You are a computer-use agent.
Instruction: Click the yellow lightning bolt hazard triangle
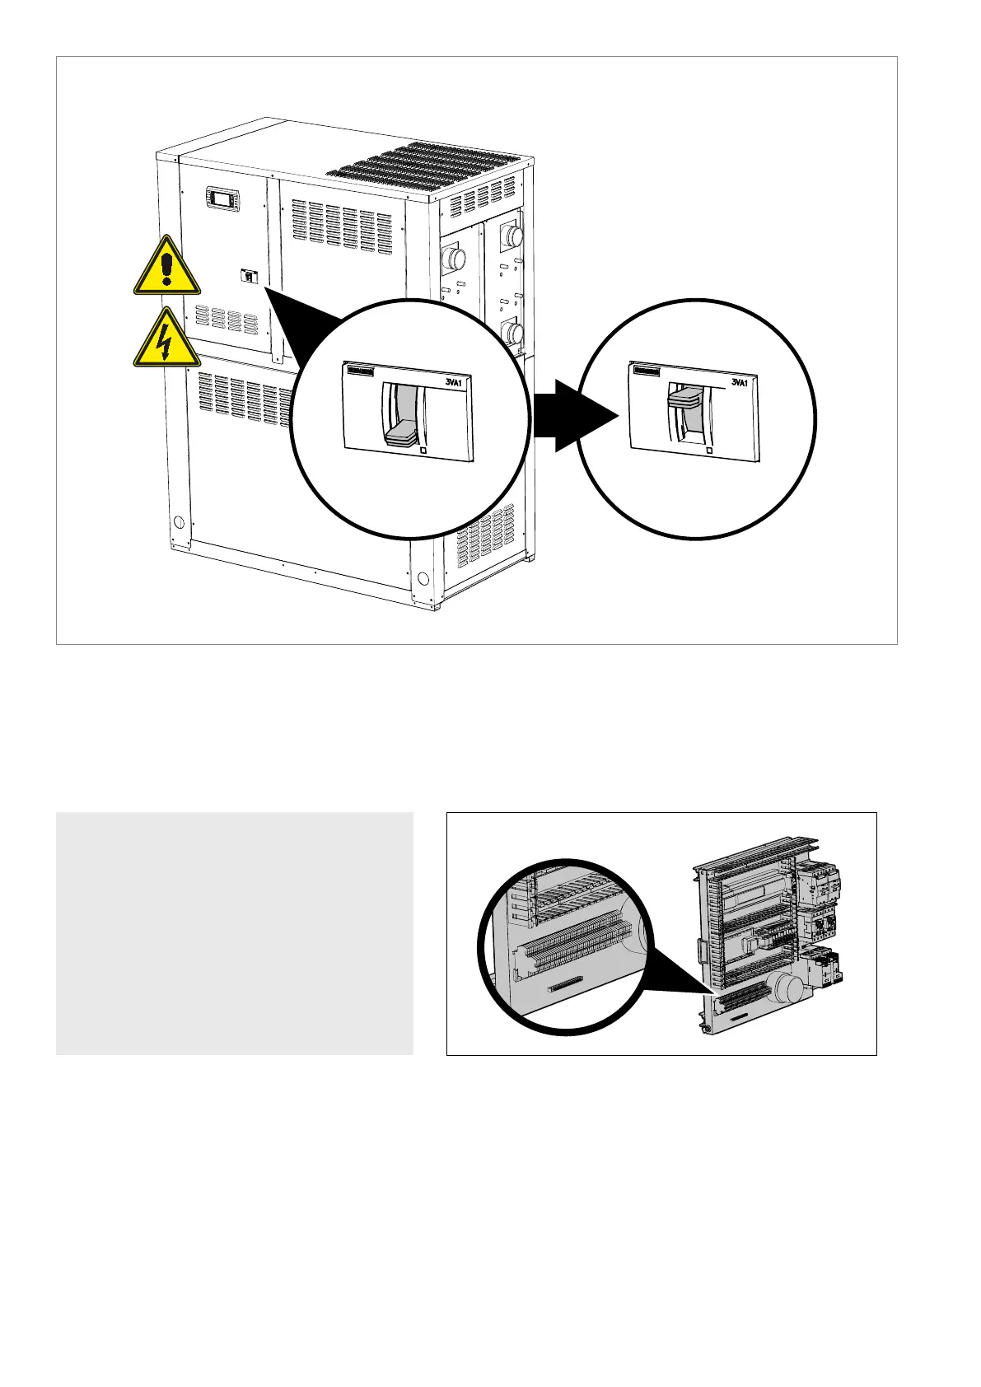(166, 340)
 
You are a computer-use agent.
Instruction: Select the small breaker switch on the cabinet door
(247, 277)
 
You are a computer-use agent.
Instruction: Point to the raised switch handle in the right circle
(685, 398)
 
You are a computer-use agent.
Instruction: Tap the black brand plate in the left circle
(361, 371)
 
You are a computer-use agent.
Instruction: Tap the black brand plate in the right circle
(646, 371)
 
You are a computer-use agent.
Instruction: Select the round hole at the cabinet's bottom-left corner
(179, 522)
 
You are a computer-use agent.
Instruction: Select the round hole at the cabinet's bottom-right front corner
(423, 578)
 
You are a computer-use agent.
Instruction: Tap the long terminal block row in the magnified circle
(577, 942)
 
